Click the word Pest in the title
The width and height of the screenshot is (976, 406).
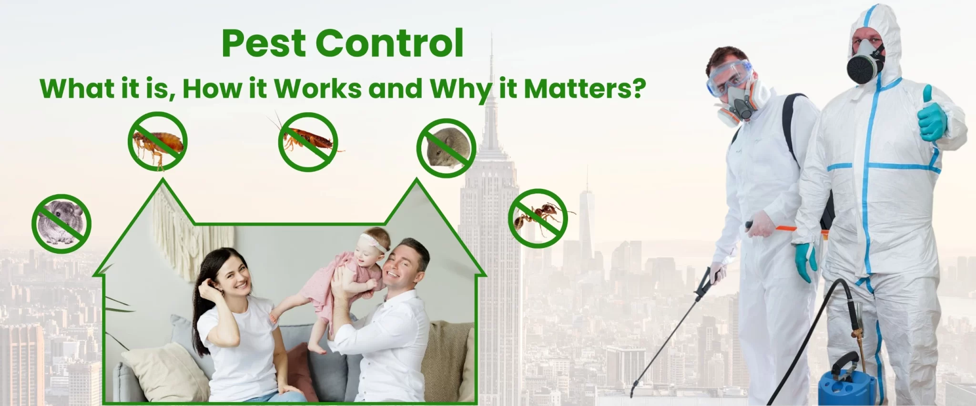pyautogui.click(x=264, y=44)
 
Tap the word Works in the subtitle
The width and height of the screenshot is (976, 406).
pyautogui.click(x=318, y=89)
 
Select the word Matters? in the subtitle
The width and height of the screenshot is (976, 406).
pyautogui.click(x=585, y=89)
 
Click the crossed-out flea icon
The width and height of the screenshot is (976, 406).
pyautogui.click(x=157, y=142)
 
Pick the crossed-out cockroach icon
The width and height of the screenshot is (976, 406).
pyautogui.click(x=308, y=142)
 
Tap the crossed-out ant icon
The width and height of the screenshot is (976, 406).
pyautogui.click(x=538, y=218)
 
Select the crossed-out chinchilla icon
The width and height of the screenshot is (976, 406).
pyautogui.click(x=61, y=224)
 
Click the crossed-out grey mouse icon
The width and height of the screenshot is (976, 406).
pyautogui.click(x=446, y=148)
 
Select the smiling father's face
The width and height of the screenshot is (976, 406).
pyautogui.click(x=403, y=267)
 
